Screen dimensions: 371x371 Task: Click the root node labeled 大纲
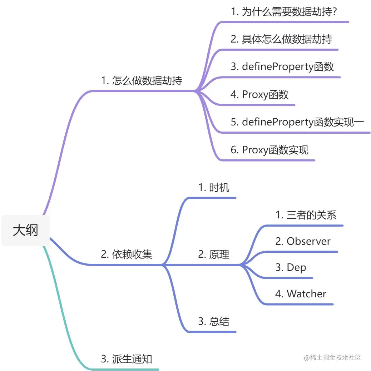(x=25, y=230)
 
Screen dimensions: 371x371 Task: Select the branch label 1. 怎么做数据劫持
(x=142, y=80)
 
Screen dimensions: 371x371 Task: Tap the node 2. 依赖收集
(x=127, y=254)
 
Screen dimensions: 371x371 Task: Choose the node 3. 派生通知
(x=127, y=358)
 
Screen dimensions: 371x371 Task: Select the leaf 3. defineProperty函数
(x=282, y=66)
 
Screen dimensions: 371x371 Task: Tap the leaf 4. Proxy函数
(x=259, y=94)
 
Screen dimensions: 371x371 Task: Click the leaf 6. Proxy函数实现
(x=269, y=150)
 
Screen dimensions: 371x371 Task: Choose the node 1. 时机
(x=214, y=187)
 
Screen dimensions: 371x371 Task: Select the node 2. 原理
(x=214, y=254)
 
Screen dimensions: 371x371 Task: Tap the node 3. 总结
(x=214, y=321)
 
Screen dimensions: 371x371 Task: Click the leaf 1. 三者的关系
(x=306, y=215)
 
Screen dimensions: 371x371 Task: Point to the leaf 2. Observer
(x=303, y=241)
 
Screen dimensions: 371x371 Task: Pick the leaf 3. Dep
(x=291, y=267)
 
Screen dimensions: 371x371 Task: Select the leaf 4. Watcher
(x=301, y=294)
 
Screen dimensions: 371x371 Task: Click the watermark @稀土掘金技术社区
(x=332, y=357)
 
